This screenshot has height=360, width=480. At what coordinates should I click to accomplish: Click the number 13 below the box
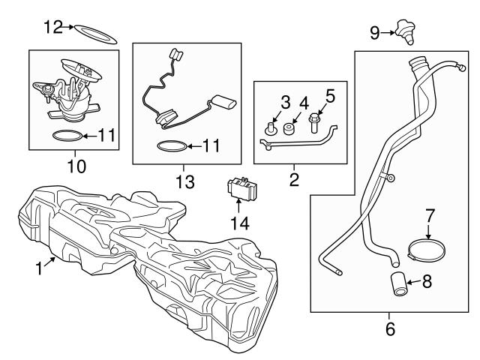[184, 181]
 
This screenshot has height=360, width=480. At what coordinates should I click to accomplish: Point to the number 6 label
[390, 328]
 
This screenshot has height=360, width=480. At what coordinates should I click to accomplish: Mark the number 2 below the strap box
[293, 180]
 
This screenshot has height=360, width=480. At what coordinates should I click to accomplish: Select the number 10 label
[76, 163]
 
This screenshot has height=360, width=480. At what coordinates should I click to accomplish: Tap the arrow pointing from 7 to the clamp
[430, 228]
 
